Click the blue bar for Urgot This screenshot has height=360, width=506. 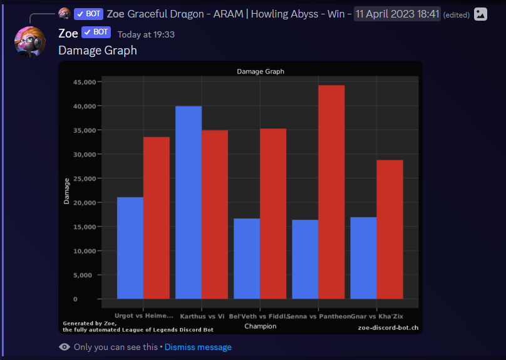pos(130,248)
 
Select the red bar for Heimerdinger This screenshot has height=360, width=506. pos(157,218)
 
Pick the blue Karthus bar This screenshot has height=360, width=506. pos(188,202)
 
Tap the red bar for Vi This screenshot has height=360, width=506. pos(215,214)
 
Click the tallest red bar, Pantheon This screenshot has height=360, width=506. pos(331,192)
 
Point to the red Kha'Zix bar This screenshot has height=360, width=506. pos(390,229)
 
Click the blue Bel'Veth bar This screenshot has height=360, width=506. pos(247,259)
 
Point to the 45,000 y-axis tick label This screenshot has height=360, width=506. pos(84,82)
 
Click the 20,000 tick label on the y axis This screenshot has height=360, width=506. pos(84,203)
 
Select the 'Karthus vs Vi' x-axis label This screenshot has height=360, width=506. pos(202,316)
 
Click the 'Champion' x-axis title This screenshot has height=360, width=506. pos(261,326)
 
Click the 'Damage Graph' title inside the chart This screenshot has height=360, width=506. pos(261,71)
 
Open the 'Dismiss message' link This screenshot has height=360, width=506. pos(198,347)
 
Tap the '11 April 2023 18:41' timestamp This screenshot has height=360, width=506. pos(397,14)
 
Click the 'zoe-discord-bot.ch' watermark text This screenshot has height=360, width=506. pos(388,327)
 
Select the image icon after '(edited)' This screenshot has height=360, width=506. pos(480,14)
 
